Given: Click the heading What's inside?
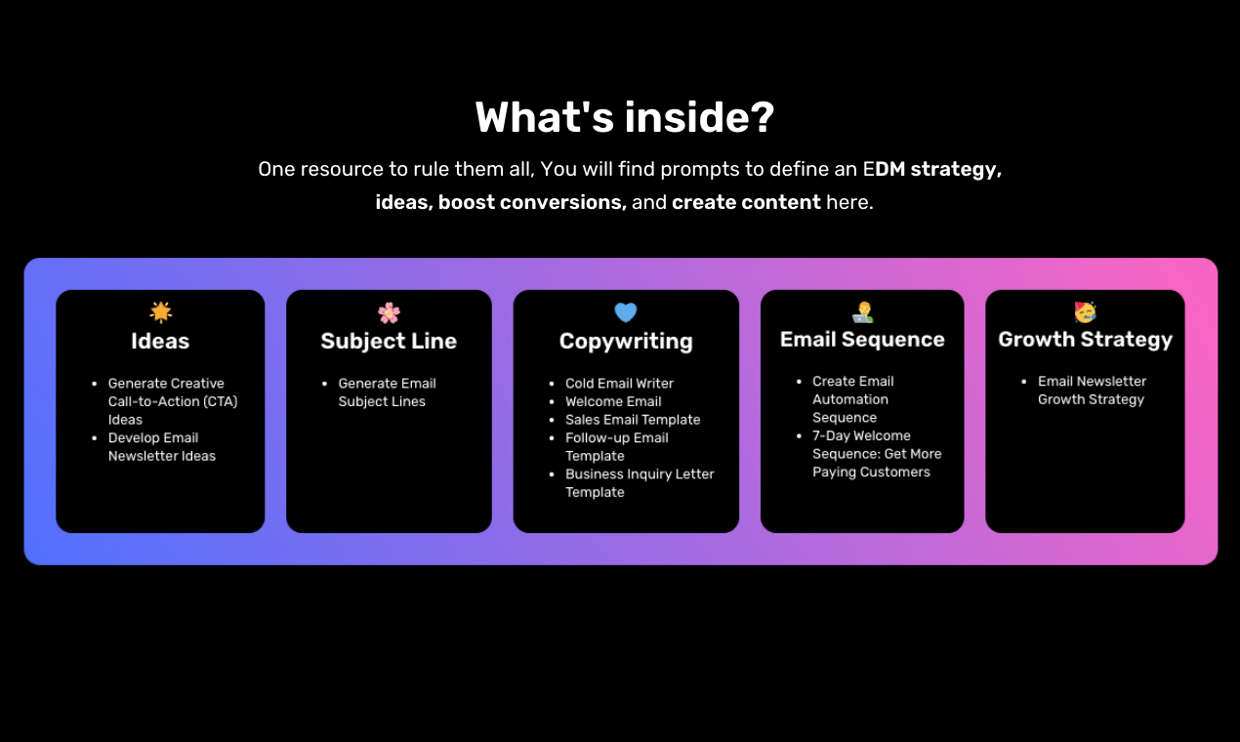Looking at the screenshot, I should [x=624, y=118].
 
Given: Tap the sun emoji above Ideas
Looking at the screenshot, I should [x=161, y=311].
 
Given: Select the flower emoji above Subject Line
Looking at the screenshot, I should [x=389, y=312].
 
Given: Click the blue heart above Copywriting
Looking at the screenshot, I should [x=626, y=312].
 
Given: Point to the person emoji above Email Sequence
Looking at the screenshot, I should [x=862, y=312].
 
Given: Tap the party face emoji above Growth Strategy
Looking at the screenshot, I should [x=1085, y=312].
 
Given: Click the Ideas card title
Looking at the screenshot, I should [x=160, y=341].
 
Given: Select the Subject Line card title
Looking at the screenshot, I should [x=389, y=341].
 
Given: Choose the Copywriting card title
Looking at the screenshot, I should [x=626, y=341].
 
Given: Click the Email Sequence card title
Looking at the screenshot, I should [x=862, y=340].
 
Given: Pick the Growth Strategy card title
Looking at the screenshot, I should [x=1085, y=340].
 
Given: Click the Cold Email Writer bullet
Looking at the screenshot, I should [x=619, y=384].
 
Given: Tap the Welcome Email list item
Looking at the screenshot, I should [x=613, y=401].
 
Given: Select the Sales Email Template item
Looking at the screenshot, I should [x=633, y=420].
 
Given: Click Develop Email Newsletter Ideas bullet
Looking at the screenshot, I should [x=161, y=447].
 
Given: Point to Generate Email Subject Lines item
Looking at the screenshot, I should [x=387, y=392].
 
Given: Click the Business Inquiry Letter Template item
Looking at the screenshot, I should [x=640, y=483].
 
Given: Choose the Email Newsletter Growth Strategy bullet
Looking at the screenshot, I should [x=1092, y=391].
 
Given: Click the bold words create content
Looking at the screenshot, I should [x=746, y=203].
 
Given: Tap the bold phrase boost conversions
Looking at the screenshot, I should [x=532, y=203].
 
